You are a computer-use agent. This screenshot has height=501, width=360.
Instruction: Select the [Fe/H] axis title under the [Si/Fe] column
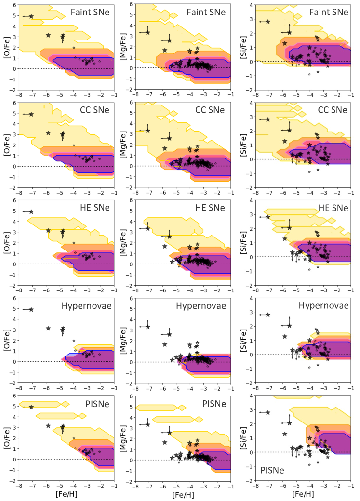(x=303, y=494)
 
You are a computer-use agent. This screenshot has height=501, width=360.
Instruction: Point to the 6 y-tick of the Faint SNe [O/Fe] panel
(x=14, y=5)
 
